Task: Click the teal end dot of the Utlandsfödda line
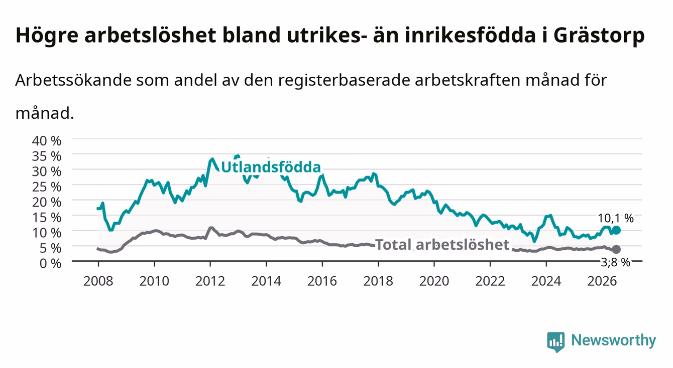coord(616,230)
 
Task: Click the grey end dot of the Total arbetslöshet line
coord(616,249)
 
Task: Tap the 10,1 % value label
coord(616,218)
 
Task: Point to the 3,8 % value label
coord(615,262)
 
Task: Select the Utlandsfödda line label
coord(271,167)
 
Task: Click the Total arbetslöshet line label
coord(442,245)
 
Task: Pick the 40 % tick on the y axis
coord(47,141)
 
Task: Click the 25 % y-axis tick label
coord(47,187)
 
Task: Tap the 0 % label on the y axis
coord(50,263)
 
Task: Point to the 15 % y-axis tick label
coord(47,218)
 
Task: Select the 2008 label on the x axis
coord(98,281)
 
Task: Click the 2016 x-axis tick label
coord(322,281)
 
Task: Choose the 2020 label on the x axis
coord(434,281)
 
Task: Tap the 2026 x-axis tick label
coord(602,281)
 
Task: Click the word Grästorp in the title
coord(599,36)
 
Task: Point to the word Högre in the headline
coord(47,36)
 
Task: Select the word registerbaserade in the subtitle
coord(344,80)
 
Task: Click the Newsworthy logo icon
coord(555,341)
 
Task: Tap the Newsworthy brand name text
coord(614,340)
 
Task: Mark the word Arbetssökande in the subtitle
coord(73,80)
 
